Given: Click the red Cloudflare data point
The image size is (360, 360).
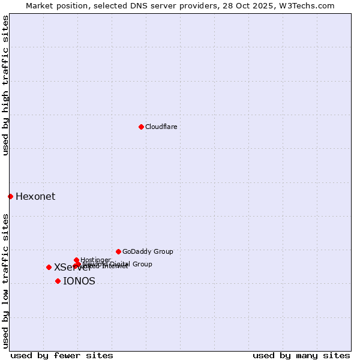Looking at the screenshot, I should pos(141,127).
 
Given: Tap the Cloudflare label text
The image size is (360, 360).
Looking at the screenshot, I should pos(161,127).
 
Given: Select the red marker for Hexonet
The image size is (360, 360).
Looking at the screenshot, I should pos(10,196).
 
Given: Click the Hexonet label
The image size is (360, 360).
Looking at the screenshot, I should pos(35,197).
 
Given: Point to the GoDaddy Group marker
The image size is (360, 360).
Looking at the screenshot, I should pos(118,251).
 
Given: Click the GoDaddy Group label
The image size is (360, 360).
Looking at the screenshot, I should pos(148,251).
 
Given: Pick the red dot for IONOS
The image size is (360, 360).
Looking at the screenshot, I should pos(58,281).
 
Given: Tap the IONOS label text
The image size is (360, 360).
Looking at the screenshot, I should pos(79,281).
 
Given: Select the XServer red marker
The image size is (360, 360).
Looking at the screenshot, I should pos(49,267).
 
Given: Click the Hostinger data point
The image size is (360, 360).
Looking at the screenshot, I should pos(76,260).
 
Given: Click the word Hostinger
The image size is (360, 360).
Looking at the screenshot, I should pos(96,260).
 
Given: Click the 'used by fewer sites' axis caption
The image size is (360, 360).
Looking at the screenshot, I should pos(62,355).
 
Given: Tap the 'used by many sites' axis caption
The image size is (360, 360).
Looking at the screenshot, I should pos(301,355).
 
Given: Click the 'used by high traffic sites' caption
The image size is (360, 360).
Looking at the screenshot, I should pos(5,86).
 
